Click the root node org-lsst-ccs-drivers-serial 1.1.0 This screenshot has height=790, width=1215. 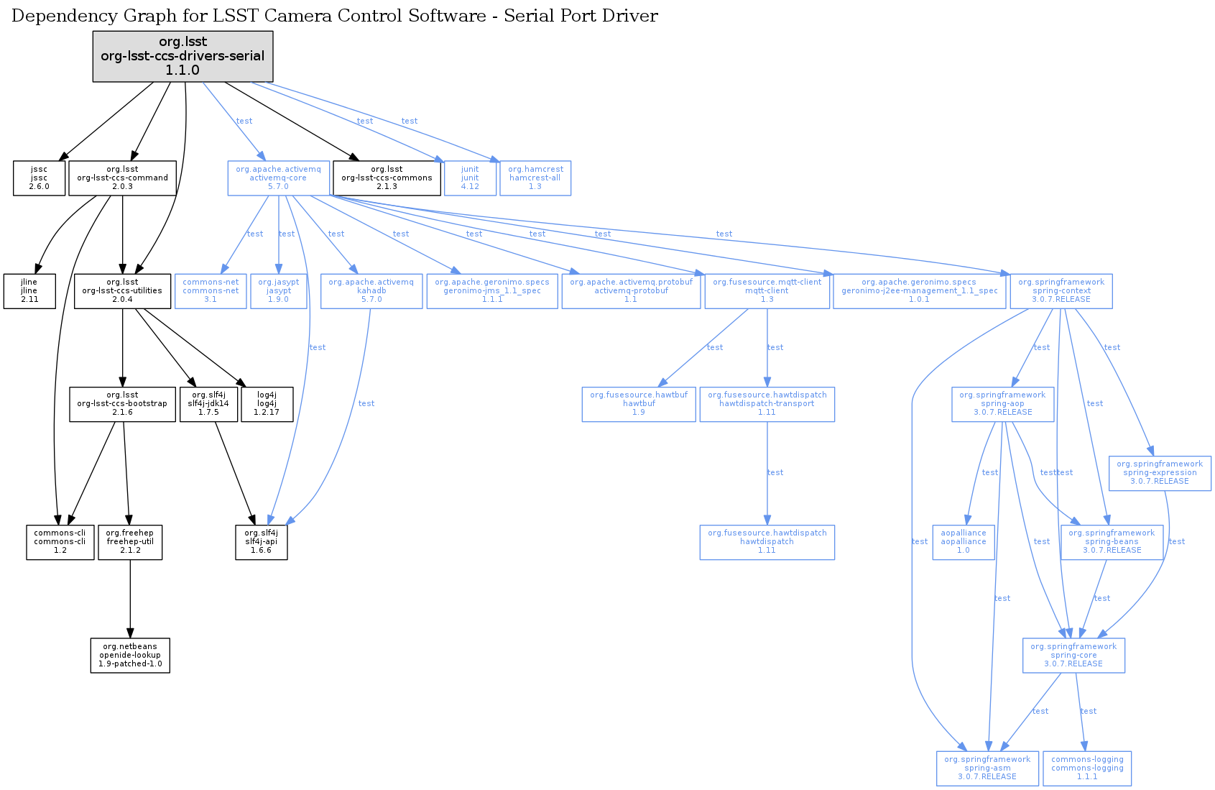pos(183,56)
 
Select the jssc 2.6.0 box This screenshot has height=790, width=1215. pos(39,178)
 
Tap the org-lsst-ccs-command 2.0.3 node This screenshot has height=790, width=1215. pos(122,178)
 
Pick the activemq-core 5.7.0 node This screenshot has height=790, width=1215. pos(278,178)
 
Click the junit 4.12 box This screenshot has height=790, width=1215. pos(470,178)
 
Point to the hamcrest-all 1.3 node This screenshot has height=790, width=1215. pos(535,178)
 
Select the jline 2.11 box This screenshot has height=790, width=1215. pos(29,291)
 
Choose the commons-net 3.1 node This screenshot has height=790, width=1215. pos(211,291)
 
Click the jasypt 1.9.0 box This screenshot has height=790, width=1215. pos(278,291)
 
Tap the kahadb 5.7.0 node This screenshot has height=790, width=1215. pos(371,291)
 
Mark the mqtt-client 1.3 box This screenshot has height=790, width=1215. pos(767,291)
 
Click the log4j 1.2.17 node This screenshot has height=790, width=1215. pos(267,404)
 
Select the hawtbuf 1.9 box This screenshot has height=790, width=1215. pos(639,404)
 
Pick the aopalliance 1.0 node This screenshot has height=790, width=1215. pos(963,542)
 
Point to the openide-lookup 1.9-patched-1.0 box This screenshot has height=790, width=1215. pos(130,656)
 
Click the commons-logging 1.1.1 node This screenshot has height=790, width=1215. pos(1087,768)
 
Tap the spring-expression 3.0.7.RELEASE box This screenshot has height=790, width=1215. pos(1159,473)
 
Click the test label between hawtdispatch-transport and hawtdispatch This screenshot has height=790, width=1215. pos(775,472)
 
